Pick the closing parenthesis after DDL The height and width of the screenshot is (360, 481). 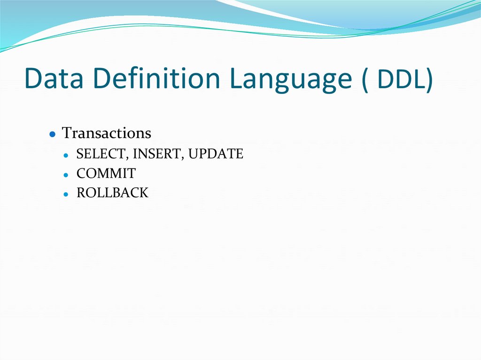tap(428, 80)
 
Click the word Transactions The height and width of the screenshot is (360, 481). tap(107, 133)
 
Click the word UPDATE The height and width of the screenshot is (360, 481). tap(216, 154)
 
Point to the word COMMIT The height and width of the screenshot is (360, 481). tap(106, 174)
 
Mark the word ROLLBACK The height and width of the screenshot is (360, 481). tap(112, 193)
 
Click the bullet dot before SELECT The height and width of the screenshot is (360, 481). tap(67, 155)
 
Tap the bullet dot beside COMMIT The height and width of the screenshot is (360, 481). tap(67, 175)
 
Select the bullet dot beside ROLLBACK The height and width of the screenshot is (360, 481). tap(67, 194)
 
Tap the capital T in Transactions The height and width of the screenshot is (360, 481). tap(67, 133)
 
